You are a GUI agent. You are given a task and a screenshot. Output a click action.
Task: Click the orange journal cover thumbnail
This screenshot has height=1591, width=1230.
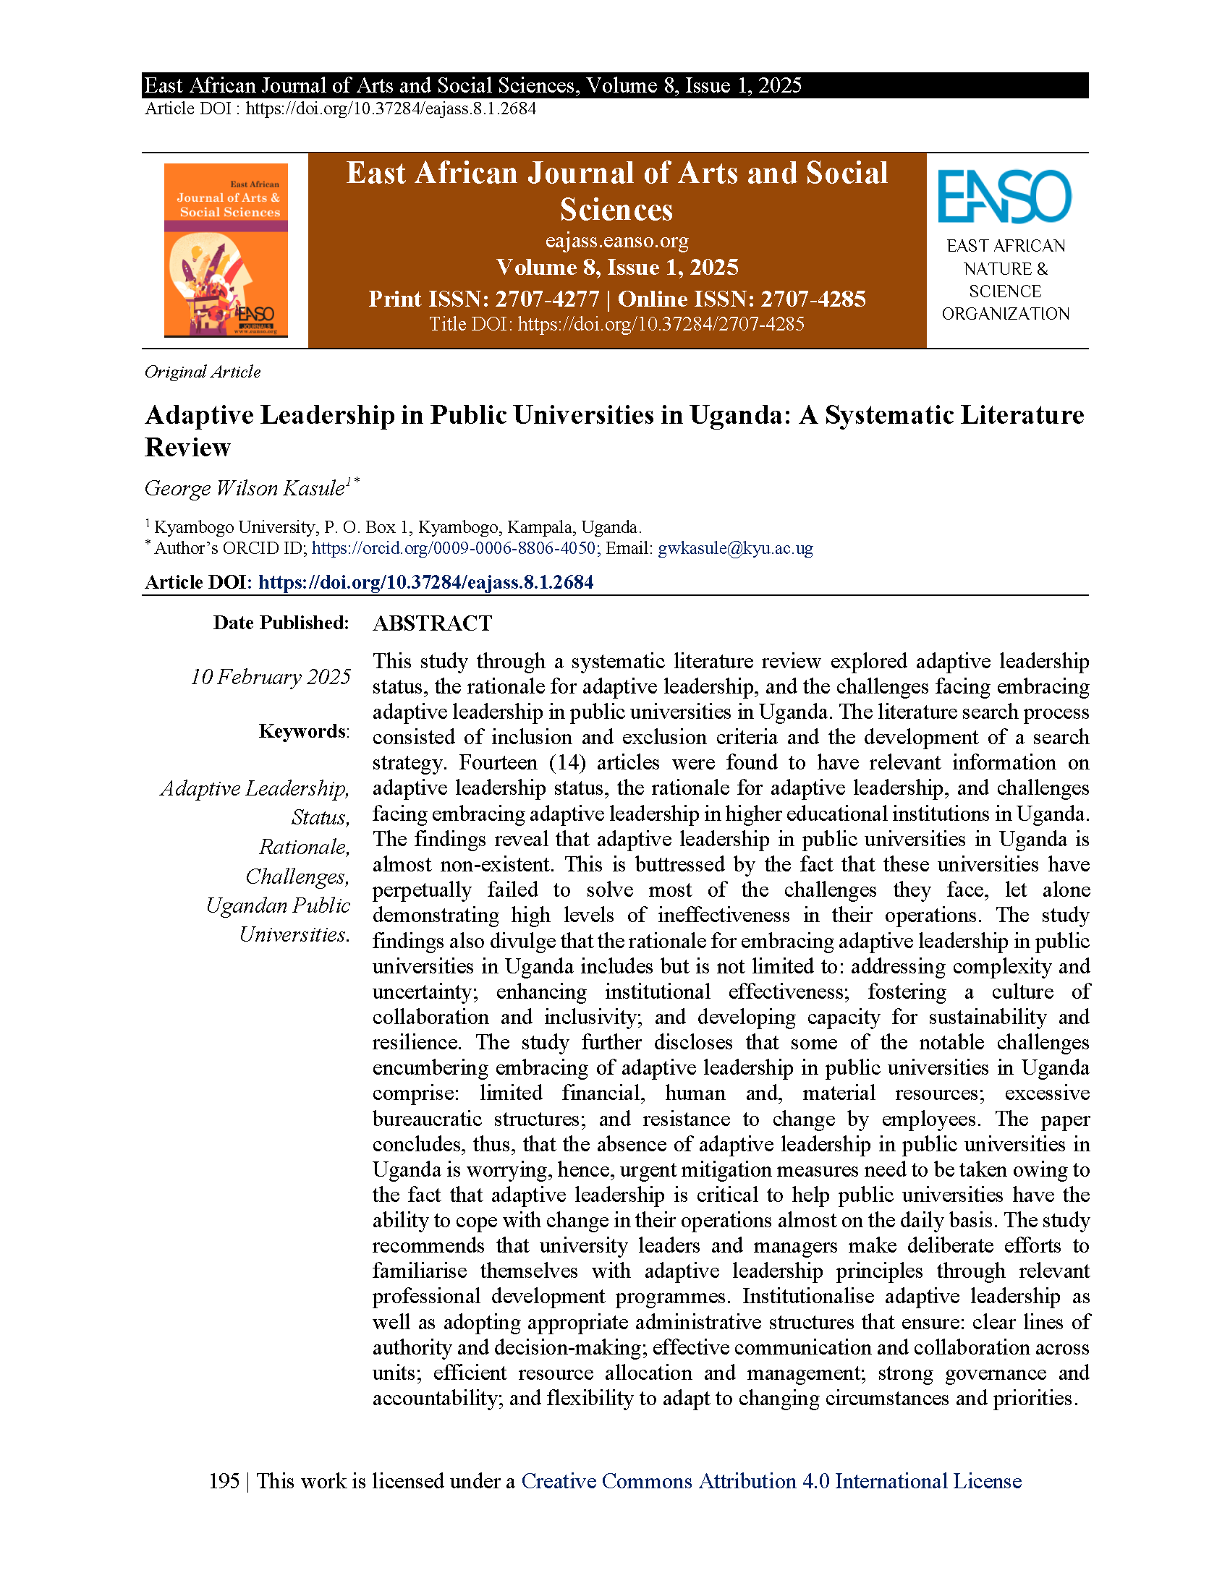pos(226,250)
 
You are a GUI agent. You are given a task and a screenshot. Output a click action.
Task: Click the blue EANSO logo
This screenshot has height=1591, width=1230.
pos(1004,196)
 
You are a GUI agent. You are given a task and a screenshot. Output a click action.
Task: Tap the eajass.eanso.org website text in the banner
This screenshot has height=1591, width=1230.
pos(616,240)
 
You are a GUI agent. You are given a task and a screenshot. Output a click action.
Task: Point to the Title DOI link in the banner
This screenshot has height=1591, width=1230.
pos(660,324)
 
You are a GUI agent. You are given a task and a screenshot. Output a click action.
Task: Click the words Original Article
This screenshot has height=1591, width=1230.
pos(203,372)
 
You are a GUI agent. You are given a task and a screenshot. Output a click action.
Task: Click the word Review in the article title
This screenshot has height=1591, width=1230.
pos(188,446)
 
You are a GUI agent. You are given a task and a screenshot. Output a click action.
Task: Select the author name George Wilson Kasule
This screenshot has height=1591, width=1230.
pos(245,488)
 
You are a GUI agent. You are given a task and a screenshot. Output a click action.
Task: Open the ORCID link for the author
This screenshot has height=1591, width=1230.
pos(454,548)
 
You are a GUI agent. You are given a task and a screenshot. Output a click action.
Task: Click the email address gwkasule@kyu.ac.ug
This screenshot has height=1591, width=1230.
pos(734,548)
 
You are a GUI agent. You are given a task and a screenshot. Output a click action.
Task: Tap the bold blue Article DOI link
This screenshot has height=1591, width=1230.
pos(425,581)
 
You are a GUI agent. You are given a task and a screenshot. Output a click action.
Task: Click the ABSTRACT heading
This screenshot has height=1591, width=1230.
pos(432,623)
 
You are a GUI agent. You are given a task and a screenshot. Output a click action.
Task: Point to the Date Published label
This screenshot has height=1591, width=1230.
pos(281,623)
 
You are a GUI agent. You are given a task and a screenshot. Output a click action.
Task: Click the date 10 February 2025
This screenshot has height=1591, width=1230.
pos(271,677)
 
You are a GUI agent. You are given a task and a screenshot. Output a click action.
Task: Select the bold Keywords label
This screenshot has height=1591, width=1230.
pos(302,730)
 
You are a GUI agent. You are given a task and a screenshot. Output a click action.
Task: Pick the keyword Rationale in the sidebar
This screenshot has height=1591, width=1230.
pos(304,847)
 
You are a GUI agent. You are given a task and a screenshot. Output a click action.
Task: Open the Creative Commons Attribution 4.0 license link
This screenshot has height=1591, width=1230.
pos(771,1481)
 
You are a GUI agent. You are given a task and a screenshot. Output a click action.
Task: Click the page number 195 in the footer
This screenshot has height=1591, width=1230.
pos(224,1481)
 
